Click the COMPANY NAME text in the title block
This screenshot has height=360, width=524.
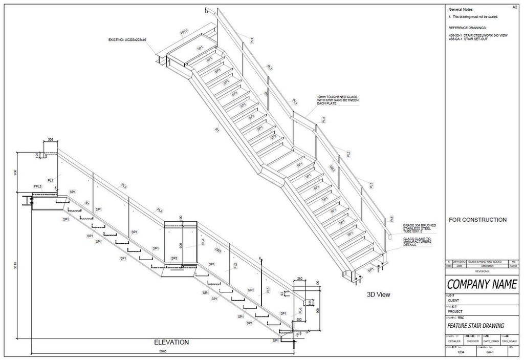click(481, 284)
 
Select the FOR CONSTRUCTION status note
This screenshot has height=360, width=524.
click(477, 220)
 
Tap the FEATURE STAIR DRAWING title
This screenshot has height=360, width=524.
click(475, 325)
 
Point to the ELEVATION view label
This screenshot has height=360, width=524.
click(171, 342)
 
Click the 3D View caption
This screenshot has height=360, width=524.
click(379, 294)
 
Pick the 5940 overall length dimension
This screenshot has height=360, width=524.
click(162, 351)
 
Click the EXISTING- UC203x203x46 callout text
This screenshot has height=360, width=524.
click(127, 39)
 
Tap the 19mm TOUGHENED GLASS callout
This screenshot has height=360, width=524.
click(337, 99)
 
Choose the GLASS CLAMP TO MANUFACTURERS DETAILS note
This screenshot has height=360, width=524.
click(417, 242)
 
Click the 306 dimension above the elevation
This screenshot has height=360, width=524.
click(50, 139)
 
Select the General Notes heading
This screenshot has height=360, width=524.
click(461, 10)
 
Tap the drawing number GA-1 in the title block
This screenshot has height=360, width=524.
click(489, 352)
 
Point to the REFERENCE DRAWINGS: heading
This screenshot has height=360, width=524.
click(467, 27)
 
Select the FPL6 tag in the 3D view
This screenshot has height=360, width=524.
click(184, 32)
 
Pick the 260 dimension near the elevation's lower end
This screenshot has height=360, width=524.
click(300, 279)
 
